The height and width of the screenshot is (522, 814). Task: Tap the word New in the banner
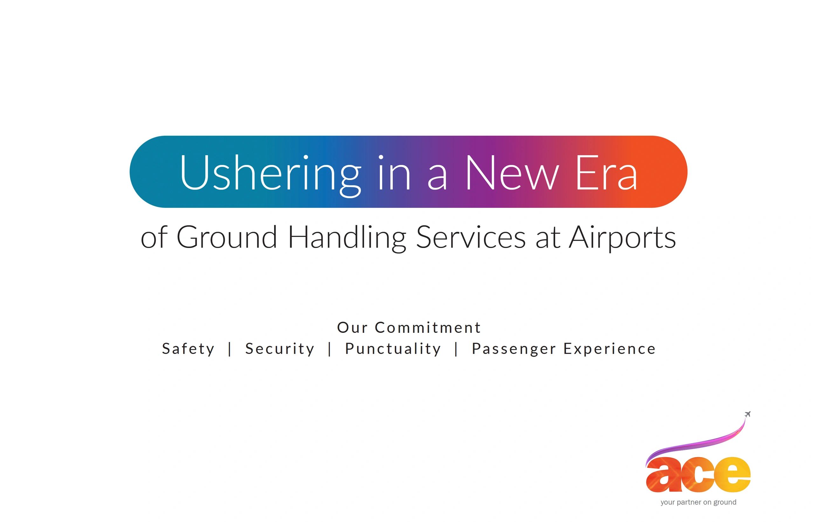click(x=512, y=173)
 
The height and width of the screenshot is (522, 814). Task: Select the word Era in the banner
click(x=605, y=173)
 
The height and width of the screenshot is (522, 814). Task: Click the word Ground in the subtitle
click(x=227, y=237)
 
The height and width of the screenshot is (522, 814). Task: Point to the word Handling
click(x=347, y=238)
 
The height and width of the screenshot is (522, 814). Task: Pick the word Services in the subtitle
click(x=471, y=237)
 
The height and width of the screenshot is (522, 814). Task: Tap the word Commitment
click(x=428, y=327)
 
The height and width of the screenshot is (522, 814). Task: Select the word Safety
click(x=188, y=349)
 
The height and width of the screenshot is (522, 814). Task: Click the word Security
click(x=280, y=349)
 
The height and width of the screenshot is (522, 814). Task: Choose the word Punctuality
click(x=393, y=349)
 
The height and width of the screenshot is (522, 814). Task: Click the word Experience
click(x=610, y=349)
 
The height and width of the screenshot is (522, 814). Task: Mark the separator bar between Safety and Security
click(x=230, y=349)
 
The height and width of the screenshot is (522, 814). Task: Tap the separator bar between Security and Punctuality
click(x=329, y=349)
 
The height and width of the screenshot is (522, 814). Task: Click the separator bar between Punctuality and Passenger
click(x=456, y=349)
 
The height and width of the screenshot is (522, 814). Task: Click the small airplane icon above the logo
click(x=748, y=414)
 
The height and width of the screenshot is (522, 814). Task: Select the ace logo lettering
click(x=698, y=475)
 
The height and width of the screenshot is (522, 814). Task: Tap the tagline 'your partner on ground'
click(x=698, y=502)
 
